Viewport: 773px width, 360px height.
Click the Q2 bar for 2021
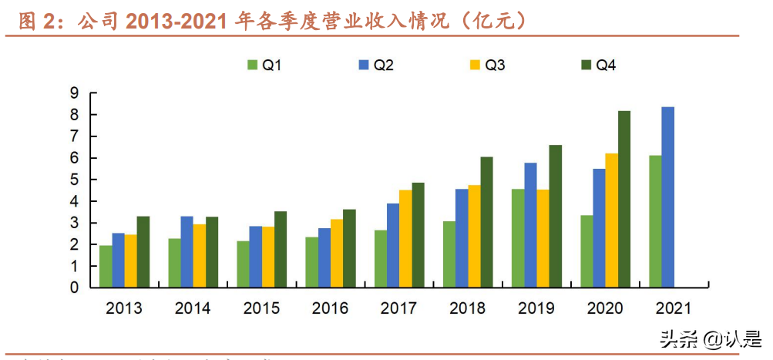click(668, 197)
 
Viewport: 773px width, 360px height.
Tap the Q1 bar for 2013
click(106, 266)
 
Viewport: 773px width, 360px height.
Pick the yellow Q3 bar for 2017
click(405, 238)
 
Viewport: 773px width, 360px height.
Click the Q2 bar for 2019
click(531, 225)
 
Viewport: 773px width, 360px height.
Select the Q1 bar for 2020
click(586, 251)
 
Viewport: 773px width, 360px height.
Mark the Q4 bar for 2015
click(280, 249)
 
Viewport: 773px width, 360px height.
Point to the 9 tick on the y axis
click(75, 93)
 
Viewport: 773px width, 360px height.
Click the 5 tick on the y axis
click(75, 180)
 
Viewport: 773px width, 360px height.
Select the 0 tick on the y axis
click(75, 288)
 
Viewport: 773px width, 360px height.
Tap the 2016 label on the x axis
click(330, 309)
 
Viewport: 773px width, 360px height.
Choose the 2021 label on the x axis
click(674, 309)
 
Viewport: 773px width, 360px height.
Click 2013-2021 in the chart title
click(175, 22)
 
